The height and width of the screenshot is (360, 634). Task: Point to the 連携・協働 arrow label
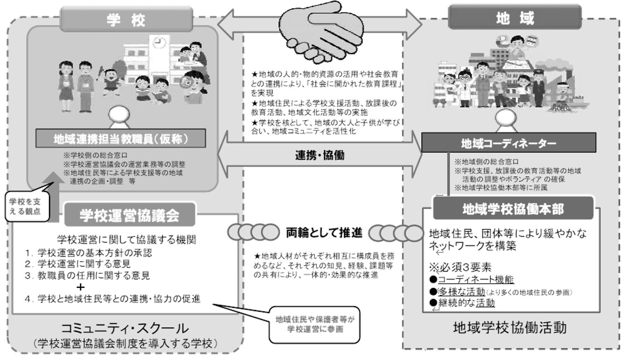[320, 155]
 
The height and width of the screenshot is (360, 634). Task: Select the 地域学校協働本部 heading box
[513, 209]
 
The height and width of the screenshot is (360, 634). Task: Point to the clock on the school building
[160, 43]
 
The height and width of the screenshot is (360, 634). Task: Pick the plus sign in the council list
[82, 287]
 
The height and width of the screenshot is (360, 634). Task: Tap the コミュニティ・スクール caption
[126, 328]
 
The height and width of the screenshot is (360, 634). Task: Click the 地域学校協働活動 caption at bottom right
[510, 328]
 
